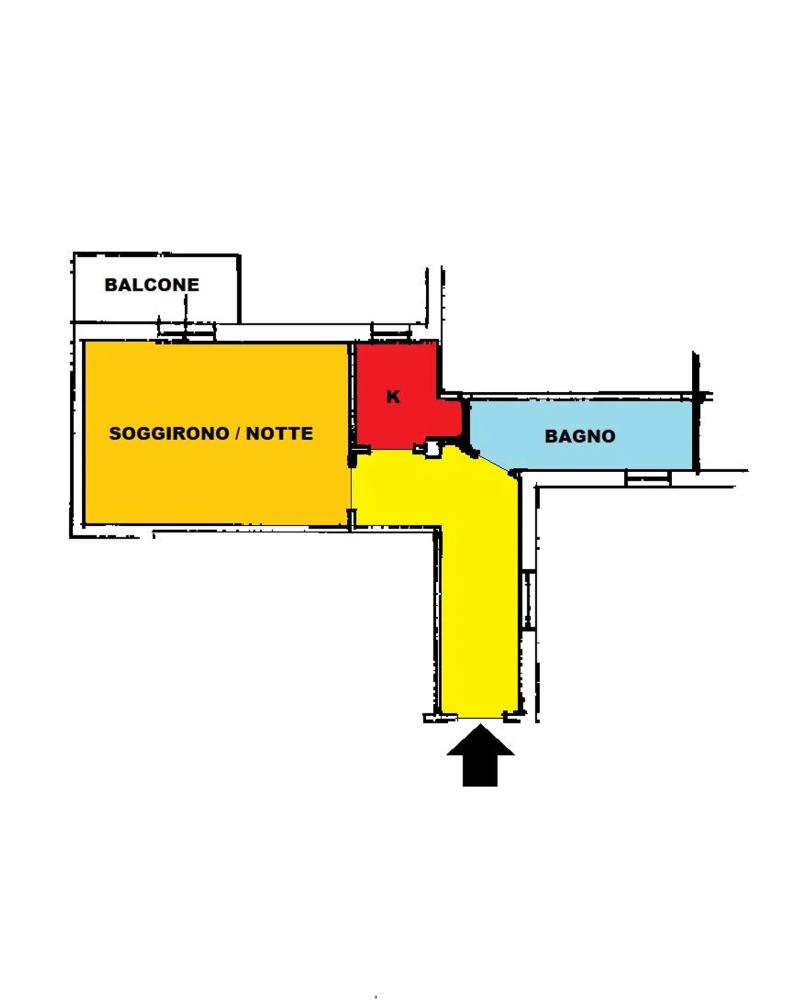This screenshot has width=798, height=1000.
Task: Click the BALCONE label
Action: (151, 285)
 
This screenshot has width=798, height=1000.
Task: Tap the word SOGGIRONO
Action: (169, 433)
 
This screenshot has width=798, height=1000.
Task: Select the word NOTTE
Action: (279, 433)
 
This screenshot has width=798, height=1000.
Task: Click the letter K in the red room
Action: (393, 397)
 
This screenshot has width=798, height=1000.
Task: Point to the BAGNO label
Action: (579, 436)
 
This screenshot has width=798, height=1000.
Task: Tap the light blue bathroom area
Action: (581, 435)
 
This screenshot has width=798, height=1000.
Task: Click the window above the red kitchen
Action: (391, 332)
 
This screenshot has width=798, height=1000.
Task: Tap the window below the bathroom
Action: (648, 478)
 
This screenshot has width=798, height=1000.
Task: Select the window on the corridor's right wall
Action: (528, 599)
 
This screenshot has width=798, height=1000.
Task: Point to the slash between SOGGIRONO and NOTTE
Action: (237, 433)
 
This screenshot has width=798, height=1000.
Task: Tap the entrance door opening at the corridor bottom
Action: (480, 718)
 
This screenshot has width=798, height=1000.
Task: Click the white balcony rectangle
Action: (156, 288)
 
